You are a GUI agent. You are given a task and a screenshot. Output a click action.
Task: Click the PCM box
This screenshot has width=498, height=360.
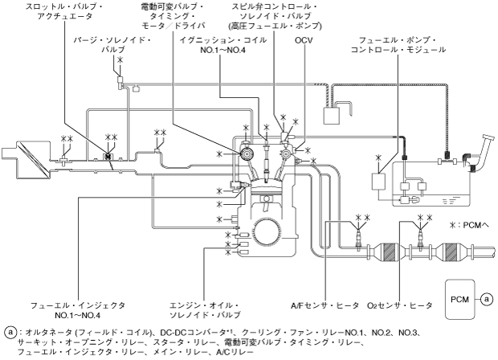[x=459, y=299]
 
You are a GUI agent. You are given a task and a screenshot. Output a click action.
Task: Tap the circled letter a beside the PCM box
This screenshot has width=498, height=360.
[x=487, y=299]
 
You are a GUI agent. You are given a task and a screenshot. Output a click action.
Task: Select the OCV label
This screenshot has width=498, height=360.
[x=304, y=40]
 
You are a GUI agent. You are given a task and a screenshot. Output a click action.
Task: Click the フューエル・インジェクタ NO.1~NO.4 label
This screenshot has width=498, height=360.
[x=78, y=310]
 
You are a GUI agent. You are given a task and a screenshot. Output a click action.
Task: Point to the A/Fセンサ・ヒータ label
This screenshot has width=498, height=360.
[x=325, y=305]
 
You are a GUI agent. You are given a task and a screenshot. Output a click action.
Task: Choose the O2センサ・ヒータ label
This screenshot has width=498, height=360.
[x=399, y=305]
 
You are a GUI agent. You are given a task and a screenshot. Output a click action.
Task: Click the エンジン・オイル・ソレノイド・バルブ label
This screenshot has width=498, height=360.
[x=205, y=310]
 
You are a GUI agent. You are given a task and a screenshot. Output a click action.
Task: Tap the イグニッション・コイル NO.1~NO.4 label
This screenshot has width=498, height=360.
[x=223, y=45]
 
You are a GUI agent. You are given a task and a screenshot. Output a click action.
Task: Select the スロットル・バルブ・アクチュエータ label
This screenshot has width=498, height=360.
[x=64, y=11]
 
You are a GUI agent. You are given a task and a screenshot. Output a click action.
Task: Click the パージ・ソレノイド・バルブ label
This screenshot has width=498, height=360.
[x=112, y=45]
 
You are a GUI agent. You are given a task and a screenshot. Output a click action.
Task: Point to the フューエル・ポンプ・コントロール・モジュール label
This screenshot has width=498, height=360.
[x=398, y=45]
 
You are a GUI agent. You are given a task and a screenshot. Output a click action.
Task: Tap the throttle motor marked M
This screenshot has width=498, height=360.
[x=108, y=157]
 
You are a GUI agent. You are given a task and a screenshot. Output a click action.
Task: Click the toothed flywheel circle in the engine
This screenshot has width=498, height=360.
[x=267, y=232]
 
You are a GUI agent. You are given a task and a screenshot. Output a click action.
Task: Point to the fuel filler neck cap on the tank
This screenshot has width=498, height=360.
[x=488, y=138]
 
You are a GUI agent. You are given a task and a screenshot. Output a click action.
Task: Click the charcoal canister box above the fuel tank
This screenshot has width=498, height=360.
[x=331, y=116]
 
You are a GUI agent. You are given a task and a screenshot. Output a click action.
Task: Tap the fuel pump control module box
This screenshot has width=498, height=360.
[x=378, y=182]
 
